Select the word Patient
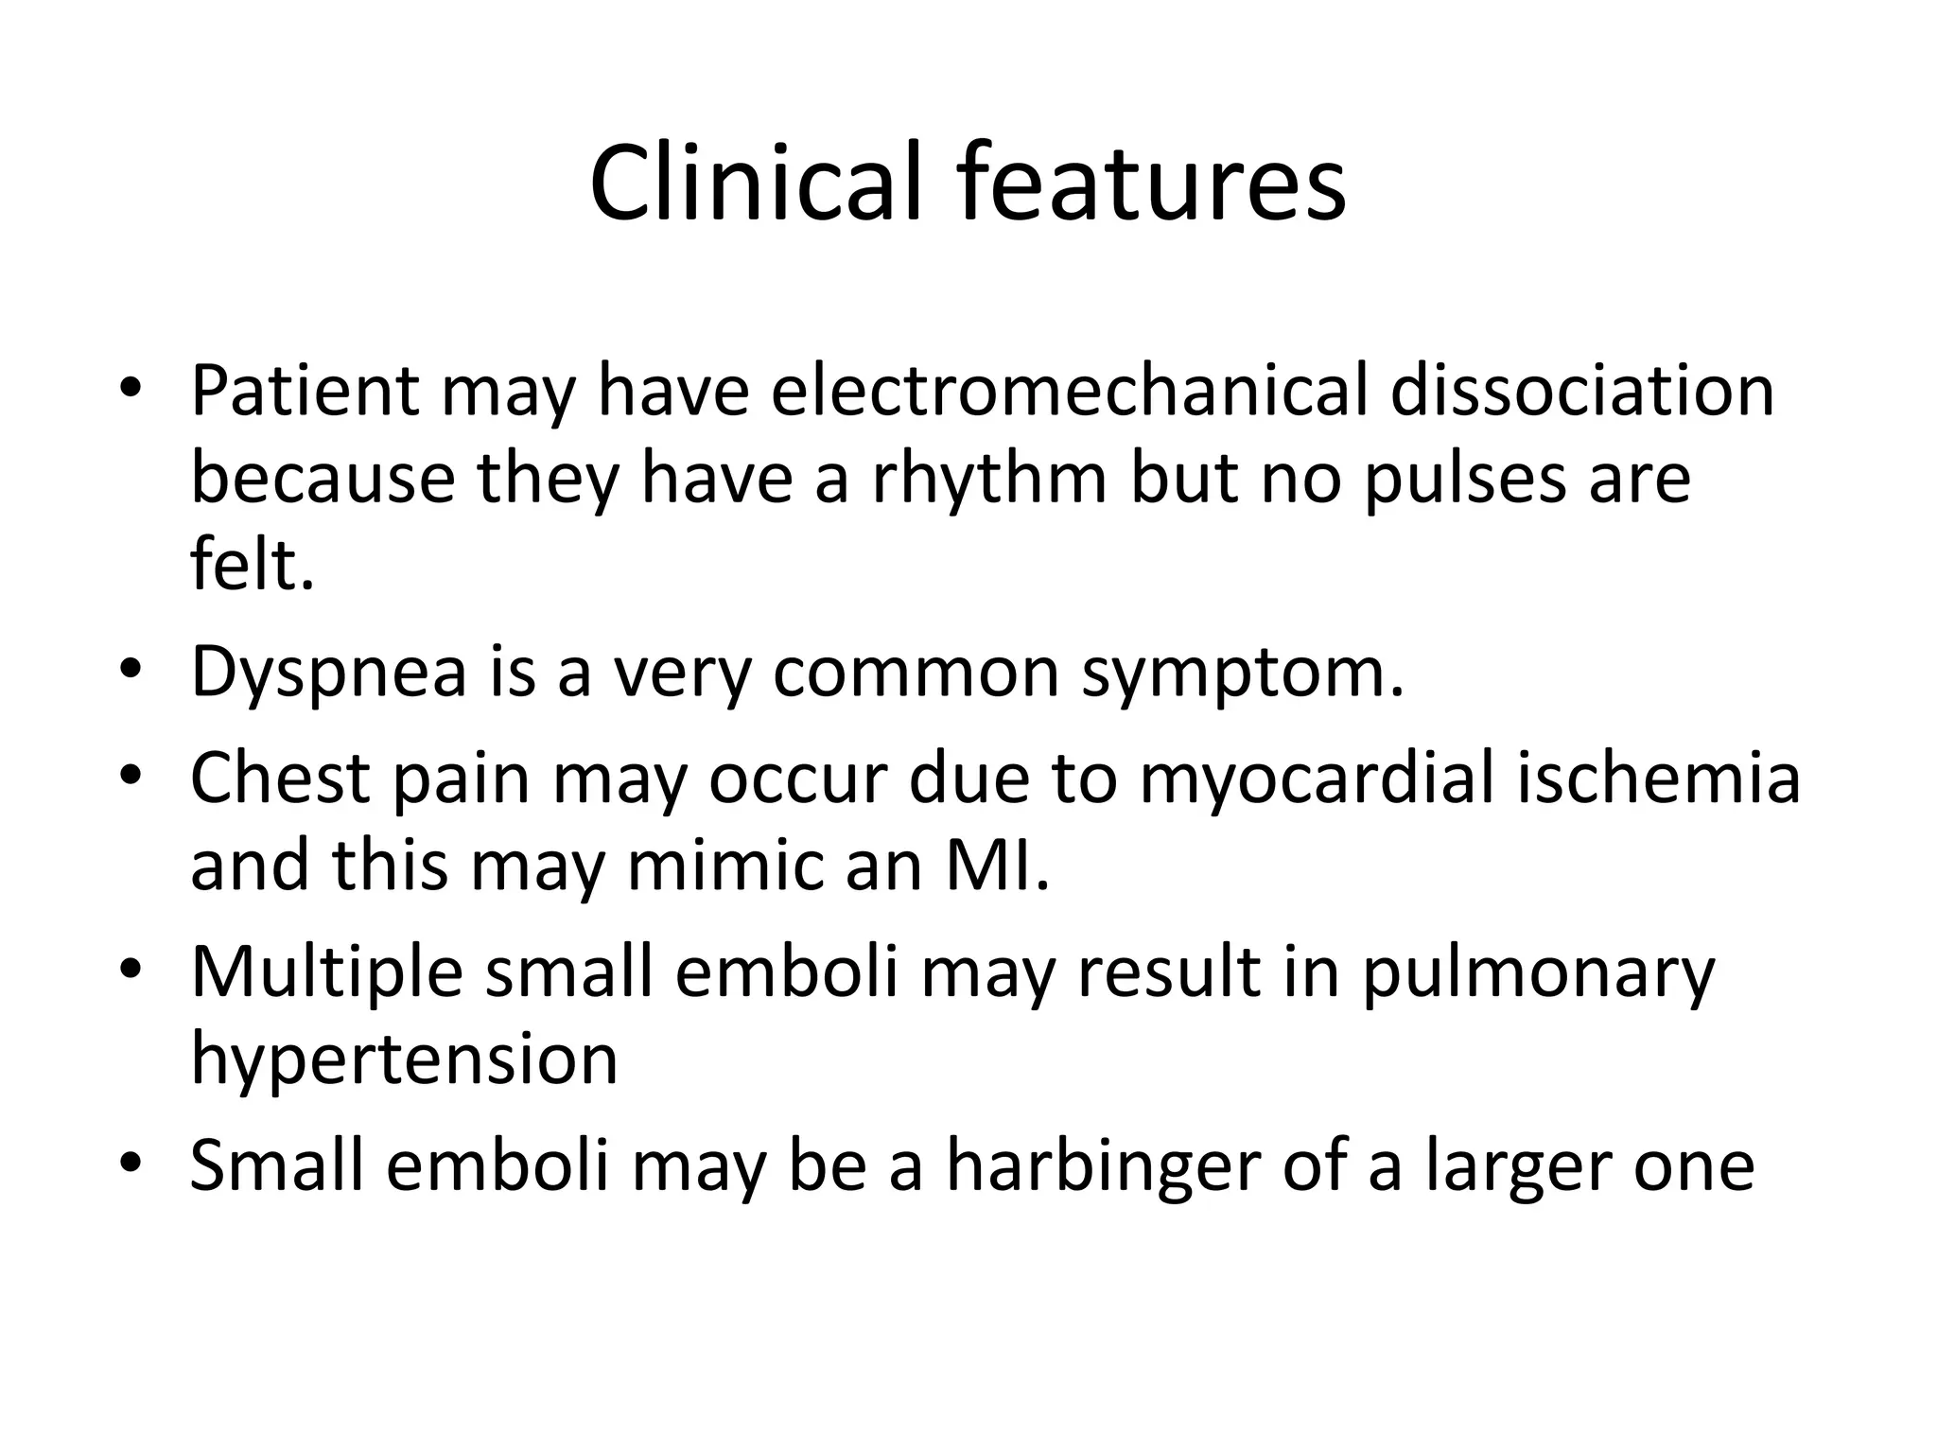(305, 390)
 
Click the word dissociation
(1581, 390)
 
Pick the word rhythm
(988, 478)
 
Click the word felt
(251, 565)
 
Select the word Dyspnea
(328, 674)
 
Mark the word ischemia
(1658, 778)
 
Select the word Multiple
(326, 972)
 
